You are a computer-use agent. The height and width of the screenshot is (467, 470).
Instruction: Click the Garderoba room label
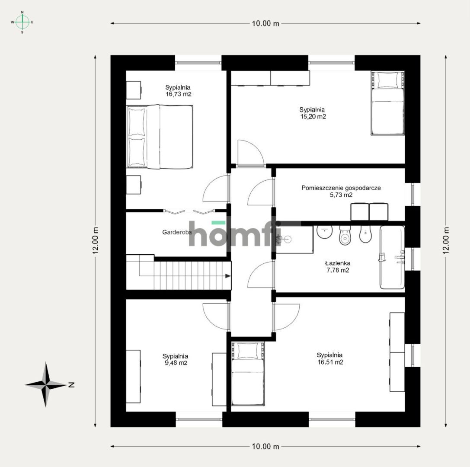[177, 232]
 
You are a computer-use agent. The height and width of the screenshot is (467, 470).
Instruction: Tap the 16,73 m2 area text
[178, 94]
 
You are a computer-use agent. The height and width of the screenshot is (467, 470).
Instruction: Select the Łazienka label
[338, 263]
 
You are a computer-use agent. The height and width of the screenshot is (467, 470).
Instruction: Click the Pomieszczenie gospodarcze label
[341, 188]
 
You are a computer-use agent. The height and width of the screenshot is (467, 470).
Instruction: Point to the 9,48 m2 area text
[175, 363]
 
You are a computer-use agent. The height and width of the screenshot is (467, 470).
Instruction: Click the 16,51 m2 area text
[330, 362]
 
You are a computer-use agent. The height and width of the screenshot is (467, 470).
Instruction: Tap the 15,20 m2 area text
[313, 117]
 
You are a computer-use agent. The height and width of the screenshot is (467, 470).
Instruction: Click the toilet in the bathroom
[345, 235]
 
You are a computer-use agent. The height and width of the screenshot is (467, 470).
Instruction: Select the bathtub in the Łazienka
[392, 257]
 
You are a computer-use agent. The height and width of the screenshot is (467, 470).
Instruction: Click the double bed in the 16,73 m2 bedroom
[160, 137]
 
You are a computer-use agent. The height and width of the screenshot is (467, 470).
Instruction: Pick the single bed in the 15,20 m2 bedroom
[387, 103]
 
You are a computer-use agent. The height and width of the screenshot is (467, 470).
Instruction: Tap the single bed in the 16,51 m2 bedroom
[248, 374]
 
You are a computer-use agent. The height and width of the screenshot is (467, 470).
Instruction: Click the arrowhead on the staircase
[228, 276]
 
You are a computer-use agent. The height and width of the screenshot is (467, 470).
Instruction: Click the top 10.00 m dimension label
[265, 23]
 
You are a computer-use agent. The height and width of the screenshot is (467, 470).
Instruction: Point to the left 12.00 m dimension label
[95, 241]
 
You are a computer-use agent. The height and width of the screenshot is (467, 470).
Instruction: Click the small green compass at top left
[22, 22]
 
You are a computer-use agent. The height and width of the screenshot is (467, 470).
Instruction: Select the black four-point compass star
[46, 384]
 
